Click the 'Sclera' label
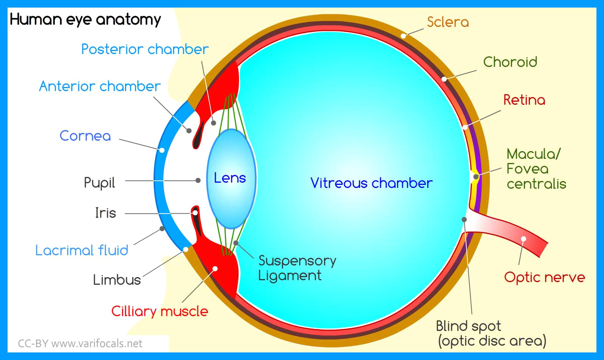[448, 22]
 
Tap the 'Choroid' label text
[510, 62]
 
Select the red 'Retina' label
[524, 100]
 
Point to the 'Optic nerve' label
[544, 277]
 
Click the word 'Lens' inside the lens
[230, 178]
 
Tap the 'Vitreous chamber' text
[371, 183]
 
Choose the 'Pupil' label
[99, 183]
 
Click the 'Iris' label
[105, 213]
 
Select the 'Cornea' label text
[85, 136]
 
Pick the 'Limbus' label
[117, 280]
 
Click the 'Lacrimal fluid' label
[82, 250]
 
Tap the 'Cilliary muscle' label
[160, 311]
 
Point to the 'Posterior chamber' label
[145, 49]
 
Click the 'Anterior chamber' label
[100, 86]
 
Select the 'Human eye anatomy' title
[85, 19]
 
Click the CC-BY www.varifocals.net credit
[80, 343]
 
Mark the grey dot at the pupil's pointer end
[198, 180]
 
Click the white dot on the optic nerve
[523, 239]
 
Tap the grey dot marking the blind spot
[464, 219]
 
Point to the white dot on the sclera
[404, 36]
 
